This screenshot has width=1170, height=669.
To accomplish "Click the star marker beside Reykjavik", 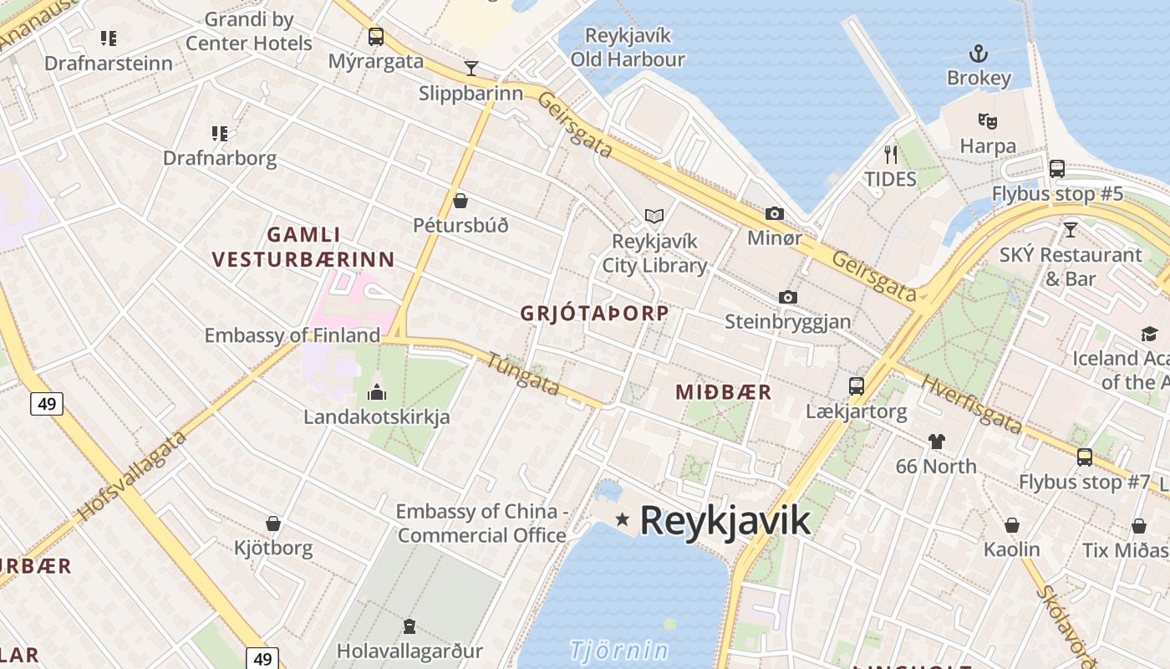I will click(x=622, y=519).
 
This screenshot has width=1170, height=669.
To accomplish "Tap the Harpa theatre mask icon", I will click(x=988, y=121).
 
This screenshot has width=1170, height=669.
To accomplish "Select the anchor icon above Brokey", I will click(x=979, y=54).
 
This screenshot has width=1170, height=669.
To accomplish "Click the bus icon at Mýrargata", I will click(x=376, y=37).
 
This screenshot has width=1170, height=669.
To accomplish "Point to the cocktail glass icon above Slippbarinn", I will click(x=471, y=69).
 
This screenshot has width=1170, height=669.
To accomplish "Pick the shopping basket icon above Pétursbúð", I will click(x=460, y=201).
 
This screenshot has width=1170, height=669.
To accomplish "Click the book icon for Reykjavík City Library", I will click(x=654, y=217).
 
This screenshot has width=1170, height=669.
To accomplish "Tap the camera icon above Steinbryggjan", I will click(x=787, y=297).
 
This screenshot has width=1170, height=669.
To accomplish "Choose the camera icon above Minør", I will click(x=775, y=213).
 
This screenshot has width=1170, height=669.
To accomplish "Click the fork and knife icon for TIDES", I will click(x=891, y=154).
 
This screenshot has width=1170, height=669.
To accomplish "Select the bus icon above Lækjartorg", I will click(x=857, y=386).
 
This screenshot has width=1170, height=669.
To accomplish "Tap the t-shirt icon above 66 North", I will click(x=936, y=441).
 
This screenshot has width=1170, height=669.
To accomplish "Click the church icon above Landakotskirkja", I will click(x=377, y=391).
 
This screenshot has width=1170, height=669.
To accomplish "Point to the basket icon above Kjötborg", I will click(x=272, y=523).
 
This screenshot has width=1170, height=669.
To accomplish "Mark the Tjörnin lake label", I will click(x=619, y=650).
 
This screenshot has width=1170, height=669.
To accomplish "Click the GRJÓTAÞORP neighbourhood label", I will click(x=594, y=314).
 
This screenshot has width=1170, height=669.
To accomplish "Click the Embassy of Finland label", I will click(x=292, y=335).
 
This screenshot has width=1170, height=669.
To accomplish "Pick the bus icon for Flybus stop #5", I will click(x=1057, y=169).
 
